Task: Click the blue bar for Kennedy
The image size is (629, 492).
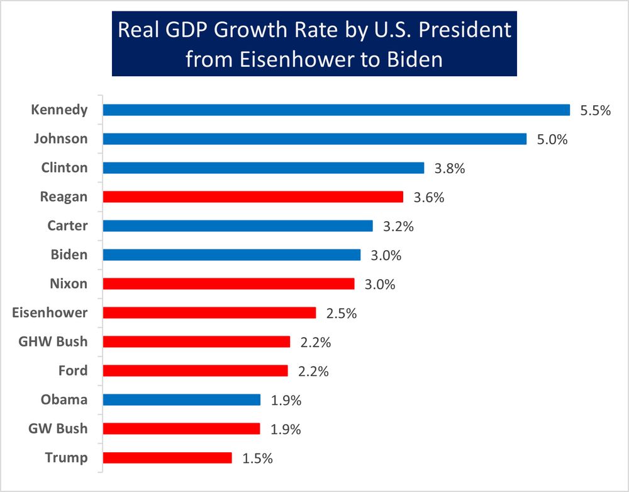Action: [x=336, y=110]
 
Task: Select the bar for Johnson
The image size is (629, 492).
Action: [x=314, y=139]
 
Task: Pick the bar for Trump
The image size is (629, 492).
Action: [x=167, y=458]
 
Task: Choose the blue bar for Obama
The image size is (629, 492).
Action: [x=182, y=400]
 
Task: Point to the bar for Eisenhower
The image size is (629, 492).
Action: [x=209, y=313]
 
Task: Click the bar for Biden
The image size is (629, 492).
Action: [x=231, y=255]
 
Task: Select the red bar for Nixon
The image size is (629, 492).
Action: [x=228, y=284]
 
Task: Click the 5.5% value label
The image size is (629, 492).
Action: [x=595, y=111]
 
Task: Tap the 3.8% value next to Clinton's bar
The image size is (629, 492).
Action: [x=450, y=168]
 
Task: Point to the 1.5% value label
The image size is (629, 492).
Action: [x=257, y=459]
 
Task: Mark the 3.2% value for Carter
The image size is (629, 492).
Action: [x=398, y=226]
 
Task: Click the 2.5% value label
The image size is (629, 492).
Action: [x=341, y=313]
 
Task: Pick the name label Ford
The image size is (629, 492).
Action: [x=72, y=371]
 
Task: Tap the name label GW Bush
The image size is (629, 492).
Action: [x=58, y=429]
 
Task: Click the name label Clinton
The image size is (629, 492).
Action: [x=64, y=168]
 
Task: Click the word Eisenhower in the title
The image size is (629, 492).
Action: [x=289, y=59]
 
